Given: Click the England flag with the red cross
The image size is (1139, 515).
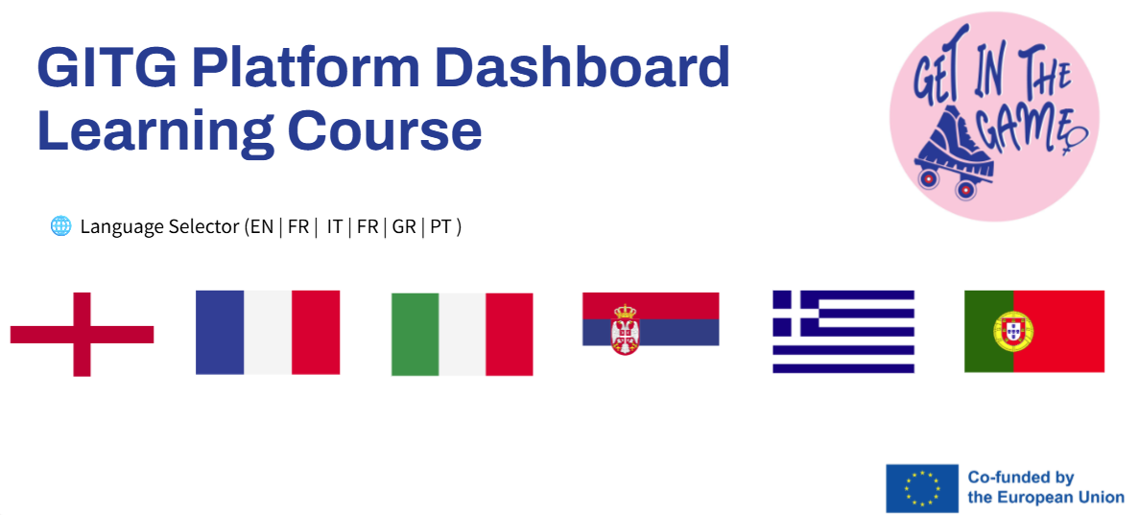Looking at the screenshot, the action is pyautogui.click(x=83, y=334).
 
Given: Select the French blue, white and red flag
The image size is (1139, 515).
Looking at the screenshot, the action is pyautogui.click(x=268, y=333).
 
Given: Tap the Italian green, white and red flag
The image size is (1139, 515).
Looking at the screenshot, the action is pyautogui.click(x=462, y=334).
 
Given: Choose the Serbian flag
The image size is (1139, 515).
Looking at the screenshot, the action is pyautogui.click(x=651, y=319).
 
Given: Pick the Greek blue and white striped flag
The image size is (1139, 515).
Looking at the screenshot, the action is pyautogui.click(x=843, y=332).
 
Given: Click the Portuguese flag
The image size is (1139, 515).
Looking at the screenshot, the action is pyautogui.click(x=1034, y=331).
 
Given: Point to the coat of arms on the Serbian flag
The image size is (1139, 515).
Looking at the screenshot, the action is pyautogui.click(x=625, y=329).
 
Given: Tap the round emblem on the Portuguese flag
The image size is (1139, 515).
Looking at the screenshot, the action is pyautogui.click(x=1013, y=331).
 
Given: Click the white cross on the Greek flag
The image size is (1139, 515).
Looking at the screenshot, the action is pyautogui.click(x=796, y=309).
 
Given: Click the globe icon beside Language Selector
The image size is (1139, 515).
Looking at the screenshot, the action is pyautogui.click(x=61, y=226).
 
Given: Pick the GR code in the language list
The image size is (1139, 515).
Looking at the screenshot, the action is pyautogui.click(x=404, y=226).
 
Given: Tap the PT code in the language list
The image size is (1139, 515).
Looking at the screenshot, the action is pyautogui.click(x=441, y=226).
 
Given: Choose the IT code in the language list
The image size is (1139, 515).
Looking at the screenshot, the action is pyautogui.click(x=334, y=226).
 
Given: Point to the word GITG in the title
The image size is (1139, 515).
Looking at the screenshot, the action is pyautogui.click(x=107, y=67).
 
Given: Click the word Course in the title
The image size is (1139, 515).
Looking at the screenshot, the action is pyautogui.click(x=385, y=130).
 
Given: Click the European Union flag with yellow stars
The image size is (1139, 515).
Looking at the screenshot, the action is pyautogui.click(x=922, y=487).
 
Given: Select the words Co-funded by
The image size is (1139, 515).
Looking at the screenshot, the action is pyautogui.click(x=1021, y=478).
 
